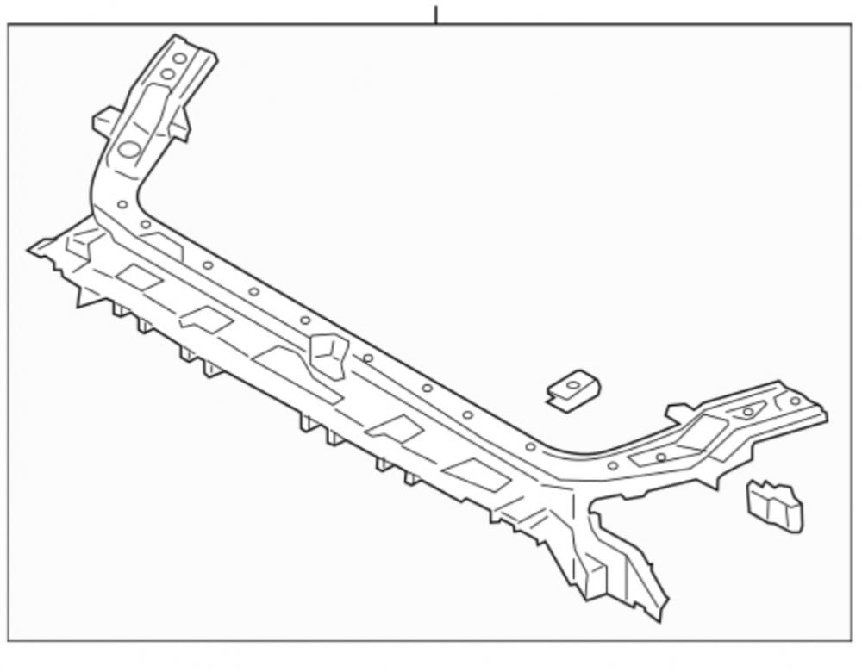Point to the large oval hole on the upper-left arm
[129, 149]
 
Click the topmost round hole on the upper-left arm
[179, 59]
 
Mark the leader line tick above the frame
[436, 15]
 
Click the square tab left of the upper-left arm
[104, 121]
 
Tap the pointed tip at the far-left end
[33, 250]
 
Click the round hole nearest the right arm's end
[795, 401]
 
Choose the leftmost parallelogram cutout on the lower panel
[139, 277]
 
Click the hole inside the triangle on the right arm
[747, 411]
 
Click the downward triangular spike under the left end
[86, 297]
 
